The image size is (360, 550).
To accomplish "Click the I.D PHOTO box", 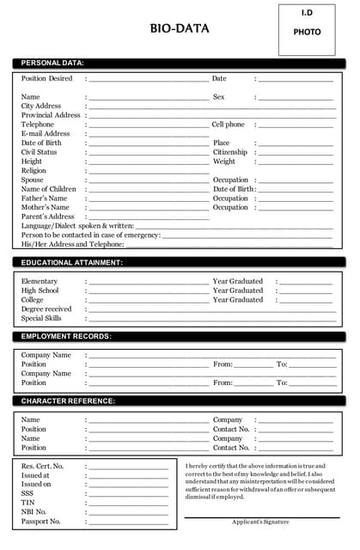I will [307, 29].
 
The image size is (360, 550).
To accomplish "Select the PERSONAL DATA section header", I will [52, 63].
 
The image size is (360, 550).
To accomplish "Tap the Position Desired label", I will [47, 78].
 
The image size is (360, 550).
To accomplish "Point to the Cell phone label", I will [229, 125].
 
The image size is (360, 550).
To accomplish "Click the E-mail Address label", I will [46, 134].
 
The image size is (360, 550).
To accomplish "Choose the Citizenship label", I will [230, 152].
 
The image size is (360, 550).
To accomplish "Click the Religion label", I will [34, 171].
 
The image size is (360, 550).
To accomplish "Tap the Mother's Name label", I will [46, 207].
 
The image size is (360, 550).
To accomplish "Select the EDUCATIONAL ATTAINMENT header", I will [72, 262].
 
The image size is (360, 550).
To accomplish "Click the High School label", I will [40, 290].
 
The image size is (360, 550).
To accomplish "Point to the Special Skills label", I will [42, 318].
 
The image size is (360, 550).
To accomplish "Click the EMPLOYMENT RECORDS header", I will [66, 336].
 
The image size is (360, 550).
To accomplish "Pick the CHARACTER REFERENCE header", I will [69, 401].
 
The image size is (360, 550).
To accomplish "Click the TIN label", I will [28, 503].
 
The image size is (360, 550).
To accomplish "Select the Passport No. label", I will [41, 522].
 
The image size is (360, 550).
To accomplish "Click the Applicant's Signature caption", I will [260, 522].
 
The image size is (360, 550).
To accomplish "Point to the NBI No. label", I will [34, 512].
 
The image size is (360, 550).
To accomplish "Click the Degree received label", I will [46, 309].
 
